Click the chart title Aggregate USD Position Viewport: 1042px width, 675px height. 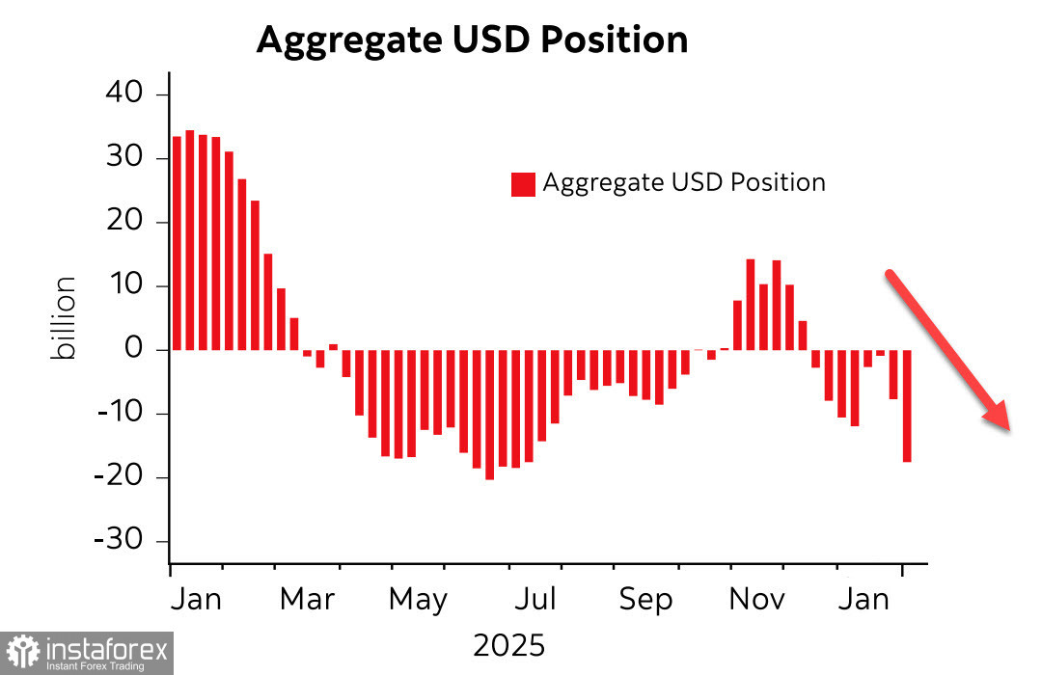click(x=472, y=40)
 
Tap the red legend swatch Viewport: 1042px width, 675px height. click(x=523, y=183)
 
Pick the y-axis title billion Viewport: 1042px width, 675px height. click(x=65, y=318)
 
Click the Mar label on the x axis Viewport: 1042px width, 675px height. click(x=307, y=599)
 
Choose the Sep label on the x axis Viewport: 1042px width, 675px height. click(x=645, y=599)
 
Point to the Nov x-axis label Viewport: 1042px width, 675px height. click(x=757, y=599)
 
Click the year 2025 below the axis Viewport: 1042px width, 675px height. click(x=508, y=644)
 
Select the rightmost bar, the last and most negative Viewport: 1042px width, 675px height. click(x=907, y=406)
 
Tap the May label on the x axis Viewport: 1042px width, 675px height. click(x=418, y=599)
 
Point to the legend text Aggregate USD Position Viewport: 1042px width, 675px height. click(x=684, y=182)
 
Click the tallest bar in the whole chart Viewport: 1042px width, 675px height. click(x=190, y=240)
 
